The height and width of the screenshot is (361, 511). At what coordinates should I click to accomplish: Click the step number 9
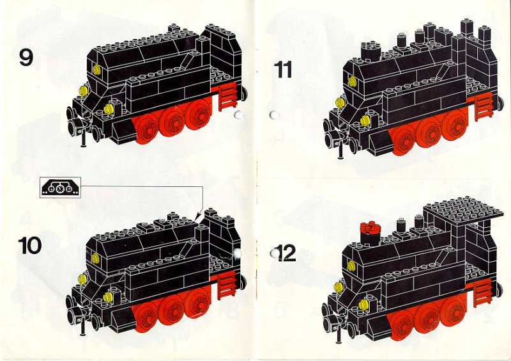coord(26,58)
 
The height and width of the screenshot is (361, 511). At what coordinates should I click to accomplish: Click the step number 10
coord(29,246)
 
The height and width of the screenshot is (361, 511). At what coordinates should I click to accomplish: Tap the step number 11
coord(282,70)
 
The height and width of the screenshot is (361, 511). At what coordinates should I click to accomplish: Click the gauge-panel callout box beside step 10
coord(60,188)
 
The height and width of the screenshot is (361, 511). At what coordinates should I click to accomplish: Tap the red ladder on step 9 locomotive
coord(227,96)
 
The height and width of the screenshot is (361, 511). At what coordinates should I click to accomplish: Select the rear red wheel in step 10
coord(197,303)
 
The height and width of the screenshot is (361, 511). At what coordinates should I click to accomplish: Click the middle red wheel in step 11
coord(430,132)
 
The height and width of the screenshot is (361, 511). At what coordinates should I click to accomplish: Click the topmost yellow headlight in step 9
coord(96,70)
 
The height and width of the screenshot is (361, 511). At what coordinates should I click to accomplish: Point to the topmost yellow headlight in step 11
coord(352,81)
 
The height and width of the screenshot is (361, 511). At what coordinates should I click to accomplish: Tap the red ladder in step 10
coord(226,286)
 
